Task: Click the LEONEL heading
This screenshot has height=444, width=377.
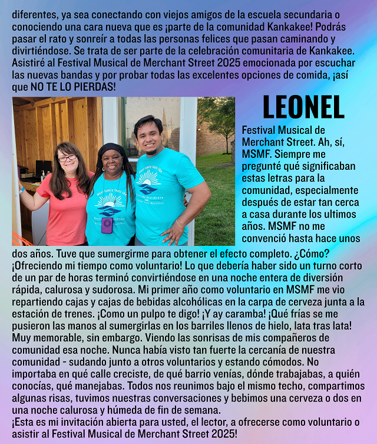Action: tap(303, 107)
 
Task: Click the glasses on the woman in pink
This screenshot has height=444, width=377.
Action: tap(67, 158)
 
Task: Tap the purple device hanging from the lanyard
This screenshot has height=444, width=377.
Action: tap(107, 225)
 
